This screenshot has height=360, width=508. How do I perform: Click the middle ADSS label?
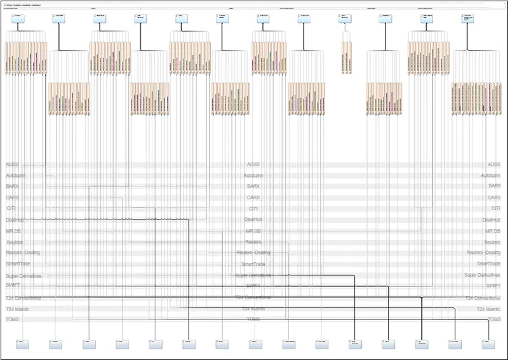(253, 164)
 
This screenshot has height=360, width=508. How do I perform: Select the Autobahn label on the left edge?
(16, 175)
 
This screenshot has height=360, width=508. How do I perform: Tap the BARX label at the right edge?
(494, 186)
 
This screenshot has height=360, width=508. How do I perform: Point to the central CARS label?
(253, 197)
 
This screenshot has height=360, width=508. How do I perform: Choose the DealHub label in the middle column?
(253, 220)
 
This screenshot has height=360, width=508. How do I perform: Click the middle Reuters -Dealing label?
(253, 253)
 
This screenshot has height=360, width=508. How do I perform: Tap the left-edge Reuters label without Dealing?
(15, 242)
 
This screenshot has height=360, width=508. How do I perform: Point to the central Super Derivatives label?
(253, 275)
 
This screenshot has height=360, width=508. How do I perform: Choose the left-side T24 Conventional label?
(23, 297)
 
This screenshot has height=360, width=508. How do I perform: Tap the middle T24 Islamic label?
(253, 309)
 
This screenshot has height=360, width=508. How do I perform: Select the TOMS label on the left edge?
(12, 319)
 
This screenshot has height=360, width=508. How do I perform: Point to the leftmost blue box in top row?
(17, 18)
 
